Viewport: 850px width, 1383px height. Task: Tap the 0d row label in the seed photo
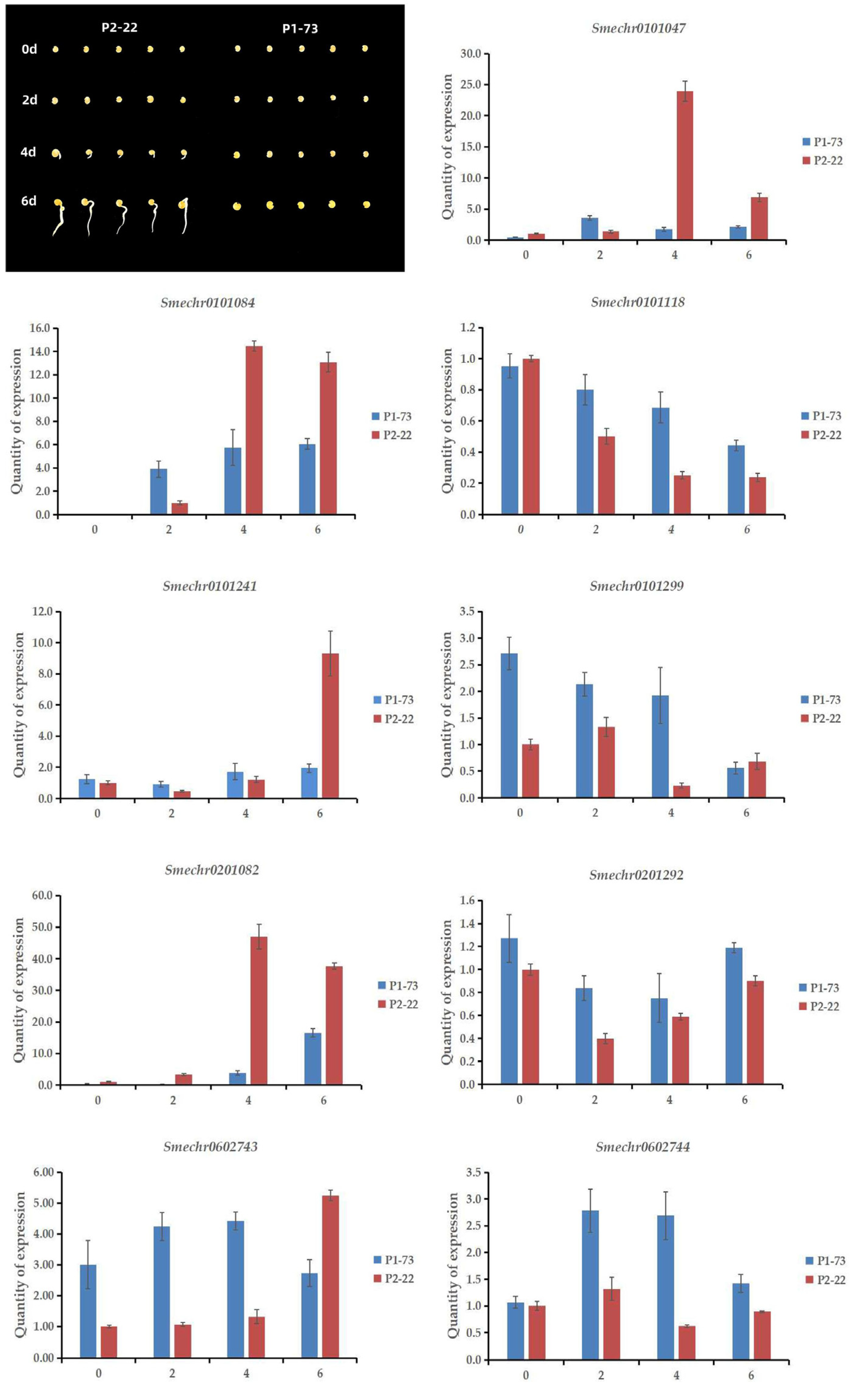click(29, 49)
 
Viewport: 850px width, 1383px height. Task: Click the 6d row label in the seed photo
click(29, 201)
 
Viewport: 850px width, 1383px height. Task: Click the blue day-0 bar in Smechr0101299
click(509, 725)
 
